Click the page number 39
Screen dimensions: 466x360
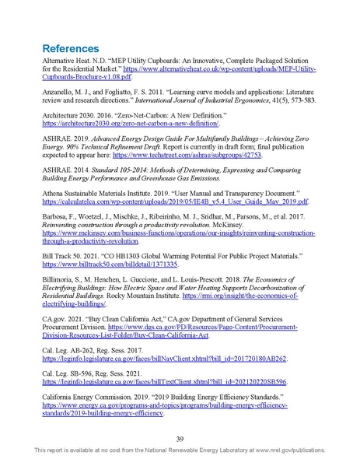[180, 438]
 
